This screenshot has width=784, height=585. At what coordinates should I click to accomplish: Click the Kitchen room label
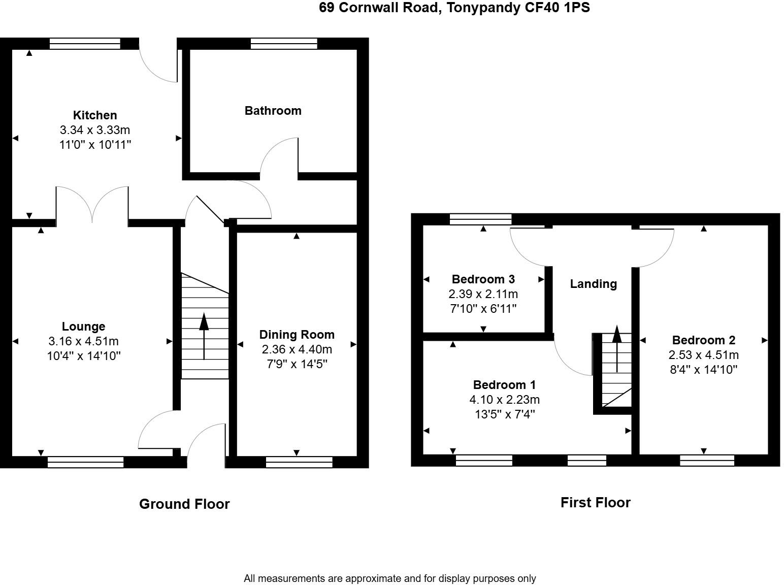tap(95, 115)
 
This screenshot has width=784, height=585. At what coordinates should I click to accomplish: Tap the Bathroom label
tap(273, 111)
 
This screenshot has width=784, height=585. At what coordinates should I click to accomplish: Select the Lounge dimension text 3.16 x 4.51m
tap(84, 341)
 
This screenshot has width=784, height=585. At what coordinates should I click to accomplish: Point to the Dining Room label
tap(297, 335)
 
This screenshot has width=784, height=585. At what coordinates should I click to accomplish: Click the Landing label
tap(593, 284)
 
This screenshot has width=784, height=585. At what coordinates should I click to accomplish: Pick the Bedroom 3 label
tap(483, 279)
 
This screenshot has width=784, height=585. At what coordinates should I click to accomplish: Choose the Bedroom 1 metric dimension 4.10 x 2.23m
tap(504, 400)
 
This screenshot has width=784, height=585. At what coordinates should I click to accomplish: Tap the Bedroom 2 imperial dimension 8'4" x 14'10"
tap(703, 370)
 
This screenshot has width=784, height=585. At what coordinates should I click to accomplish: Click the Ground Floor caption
tap(184, 504)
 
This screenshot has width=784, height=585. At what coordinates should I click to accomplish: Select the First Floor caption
tap(595, 503)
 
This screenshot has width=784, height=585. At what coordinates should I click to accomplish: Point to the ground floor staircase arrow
tap(204, 336)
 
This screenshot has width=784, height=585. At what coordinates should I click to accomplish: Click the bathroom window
tap(284, 44)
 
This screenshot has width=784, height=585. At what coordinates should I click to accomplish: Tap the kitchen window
tap(85, 44)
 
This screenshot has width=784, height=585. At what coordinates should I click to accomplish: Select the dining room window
tap(299, 462)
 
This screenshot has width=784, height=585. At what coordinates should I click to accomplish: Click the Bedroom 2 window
tap(707, 461)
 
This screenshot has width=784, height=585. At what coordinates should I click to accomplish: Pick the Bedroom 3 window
tap(480, 219)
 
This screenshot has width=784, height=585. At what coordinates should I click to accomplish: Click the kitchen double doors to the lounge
tap(92, 206)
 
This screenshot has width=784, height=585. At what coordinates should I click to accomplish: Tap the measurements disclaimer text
tap(389, 578)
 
